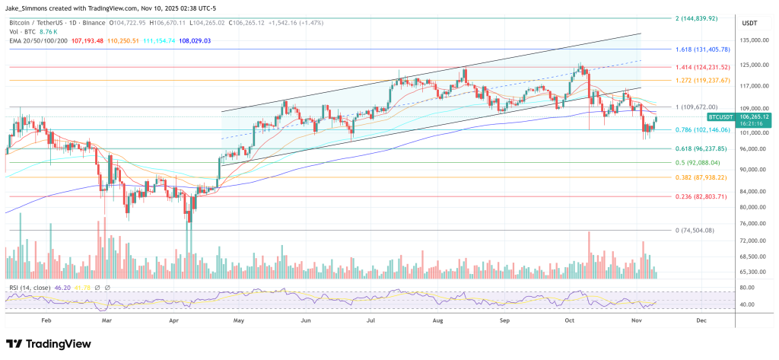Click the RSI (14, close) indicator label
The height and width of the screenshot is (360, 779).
(31, 288)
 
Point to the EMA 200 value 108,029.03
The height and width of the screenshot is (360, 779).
(190, 40)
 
